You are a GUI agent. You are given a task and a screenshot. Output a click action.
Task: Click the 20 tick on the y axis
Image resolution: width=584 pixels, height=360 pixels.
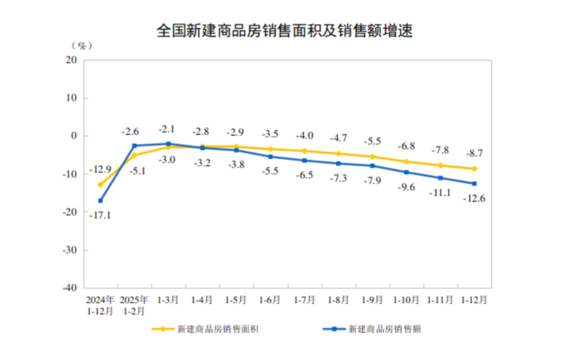point(72,60)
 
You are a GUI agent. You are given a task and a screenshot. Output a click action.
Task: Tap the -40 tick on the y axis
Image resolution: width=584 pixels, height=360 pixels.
point(70,288)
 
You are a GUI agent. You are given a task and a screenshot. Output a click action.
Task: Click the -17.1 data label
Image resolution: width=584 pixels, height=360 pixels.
point(101,214)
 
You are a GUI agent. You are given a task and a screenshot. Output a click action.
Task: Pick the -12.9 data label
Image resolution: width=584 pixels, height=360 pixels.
point(101,170)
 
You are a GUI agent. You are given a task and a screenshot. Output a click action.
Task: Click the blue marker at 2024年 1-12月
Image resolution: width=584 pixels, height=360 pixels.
point(101,201)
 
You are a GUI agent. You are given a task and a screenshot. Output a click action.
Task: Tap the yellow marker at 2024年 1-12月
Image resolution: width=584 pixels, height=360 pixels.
point(101,185)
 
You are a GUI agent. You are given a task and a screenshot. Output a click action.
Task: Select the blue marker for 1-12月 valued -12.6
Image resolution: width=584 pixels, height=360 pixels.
point(474,184)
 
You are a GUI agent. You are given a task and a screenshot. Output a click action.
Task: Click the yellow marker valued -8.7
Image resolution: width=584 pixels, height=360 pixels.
point(474,169)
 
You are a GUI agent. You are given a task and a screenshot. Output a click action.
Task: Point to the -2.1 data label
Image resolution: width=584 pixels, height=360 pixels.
point(168,129)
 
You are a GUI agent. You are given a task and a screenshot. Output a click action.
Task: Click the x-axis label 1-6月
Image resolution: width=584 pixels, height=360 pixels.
point(269,300)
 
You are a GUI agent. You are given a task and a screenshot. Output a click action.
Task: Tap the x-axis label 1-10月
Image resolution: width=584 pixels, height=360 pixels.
point(405,300)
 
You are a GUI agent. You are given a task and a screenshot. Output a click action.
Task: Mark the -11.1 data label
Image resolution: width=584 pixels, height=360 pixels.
point(440,192)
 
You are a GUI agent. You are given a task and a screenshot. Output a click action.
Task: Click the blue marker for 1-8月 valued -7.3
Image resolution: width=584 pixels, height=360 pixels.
point(337,163)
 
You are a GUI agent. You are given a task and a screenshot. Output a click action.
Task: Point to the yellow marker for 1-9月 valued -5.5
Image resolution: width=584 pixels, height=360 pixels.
point(372,156)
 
